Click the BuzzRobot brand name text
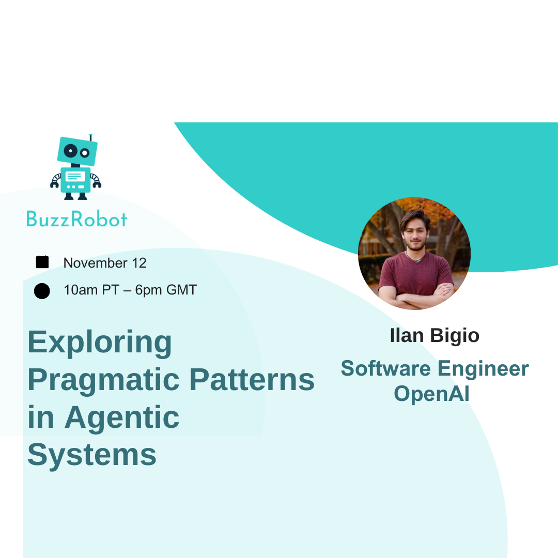[x=77, y=219]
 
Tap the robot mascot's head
[x=77, y=151]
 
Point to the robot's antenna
[x=91, y=137]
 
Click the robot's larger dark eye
[x=70, y=151]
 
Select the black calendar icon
[x=42, y=262]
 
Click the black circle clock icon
[x=42, y=291]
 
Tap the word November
[x=96, y=263]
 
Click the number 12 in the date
[x=139, y=263]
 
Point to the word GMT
[x=181, y=290]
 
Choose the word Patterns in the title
[x=252, y=379]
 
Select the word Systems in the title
[x=92, y=455]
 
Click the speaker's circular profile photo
[x=414, y=253]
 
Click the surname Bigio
[x=455, y=336]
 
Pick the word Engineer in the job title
[x=483, y=369]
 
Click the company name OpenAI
[x=431, y=394]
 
